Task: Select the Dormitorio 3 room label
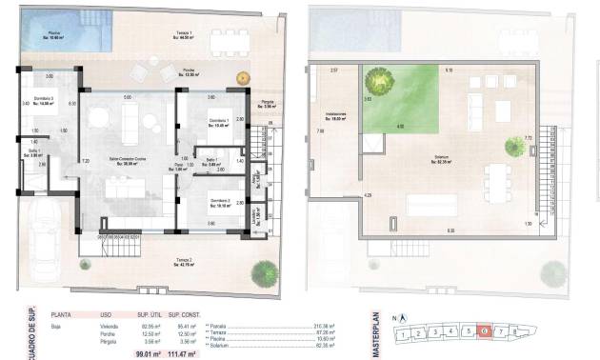click(x=38, y=103)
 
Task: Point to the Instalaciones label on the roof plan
click(x=334, y=115)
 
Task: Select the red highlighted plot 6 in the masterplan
click(x=486, y=331)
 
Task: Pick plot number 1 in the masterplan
click(x=406, y=335)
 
